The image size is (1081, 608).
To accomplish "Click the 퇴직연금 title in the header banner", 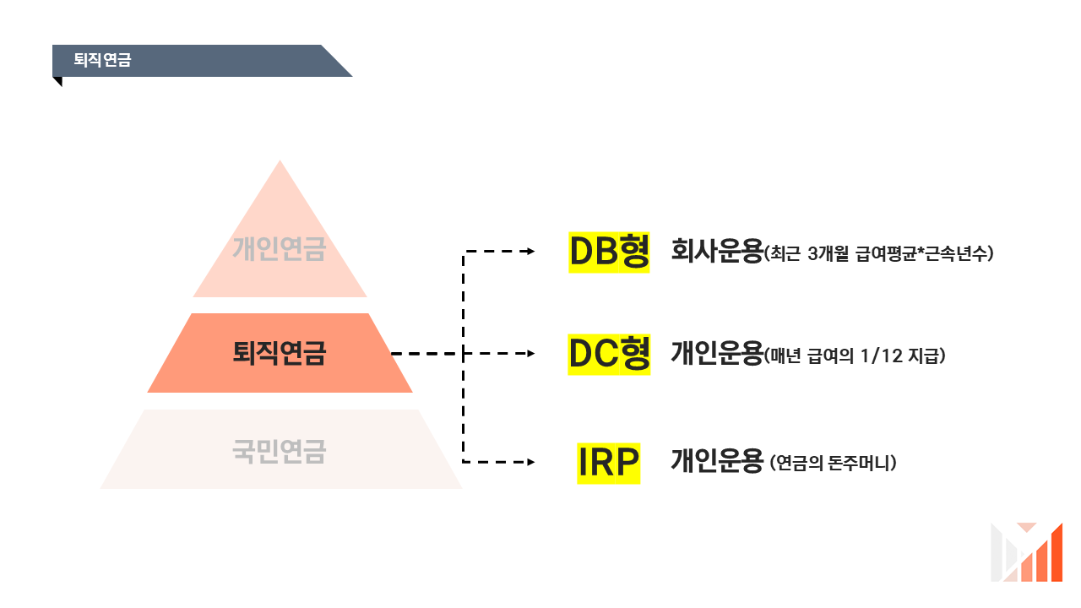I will (102, 61).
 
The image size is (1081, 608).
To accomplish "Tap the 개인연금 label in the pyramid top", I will (279, 249).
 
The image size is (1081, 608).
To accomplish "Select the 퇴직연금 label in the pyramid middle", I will (279, 353).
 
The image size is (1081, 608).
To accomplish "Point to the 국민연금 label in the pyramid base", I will (279, 452).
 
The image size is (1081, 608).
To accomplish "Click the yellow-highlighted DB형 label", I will (609, 252).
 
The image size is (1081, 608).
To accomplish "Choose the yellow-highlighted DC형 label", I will (609, 355).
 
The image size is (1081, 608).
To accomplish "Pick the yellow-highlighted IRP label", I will (608, 463).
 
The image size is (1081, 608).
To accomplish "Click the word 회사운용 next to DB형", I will (716, 252).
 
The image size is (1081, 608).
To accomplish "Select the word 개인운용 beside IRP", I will (716, 462).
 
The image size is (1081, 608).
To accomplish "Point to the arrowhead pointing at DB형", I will (530, 252).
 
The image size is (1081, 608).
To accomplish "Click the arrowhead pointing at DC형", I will (530, 354).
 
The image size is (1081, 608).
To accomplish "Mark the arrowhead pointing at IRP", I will (530, 462).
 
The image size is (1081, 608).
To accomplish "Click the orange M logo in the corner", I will (1026, 552).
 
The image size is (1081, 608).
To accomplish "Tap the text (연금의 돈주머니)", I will (833, 464).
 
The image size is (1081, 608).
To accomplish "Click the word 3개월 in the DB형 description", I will (829, 253).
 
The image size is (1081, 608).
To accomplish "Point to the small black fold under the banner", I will (57, 81).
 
